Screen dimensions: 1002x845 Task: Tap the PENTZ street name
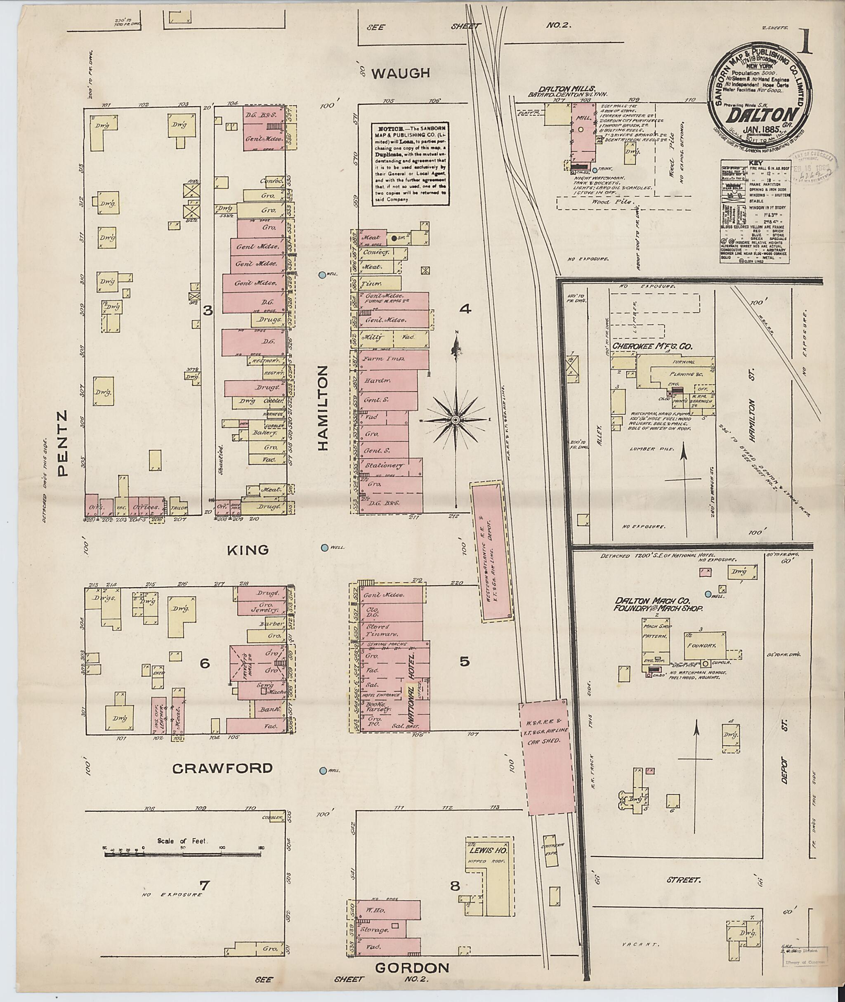(63, 443)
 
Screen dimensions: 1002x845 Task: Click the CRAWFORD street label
(222, 768)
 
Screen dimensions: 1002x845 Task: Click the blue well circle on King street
(325, 547)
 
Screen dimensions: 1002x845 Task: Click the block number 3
(208, 311)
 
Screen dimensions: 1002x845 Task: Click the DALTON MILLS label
(574, 89)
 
